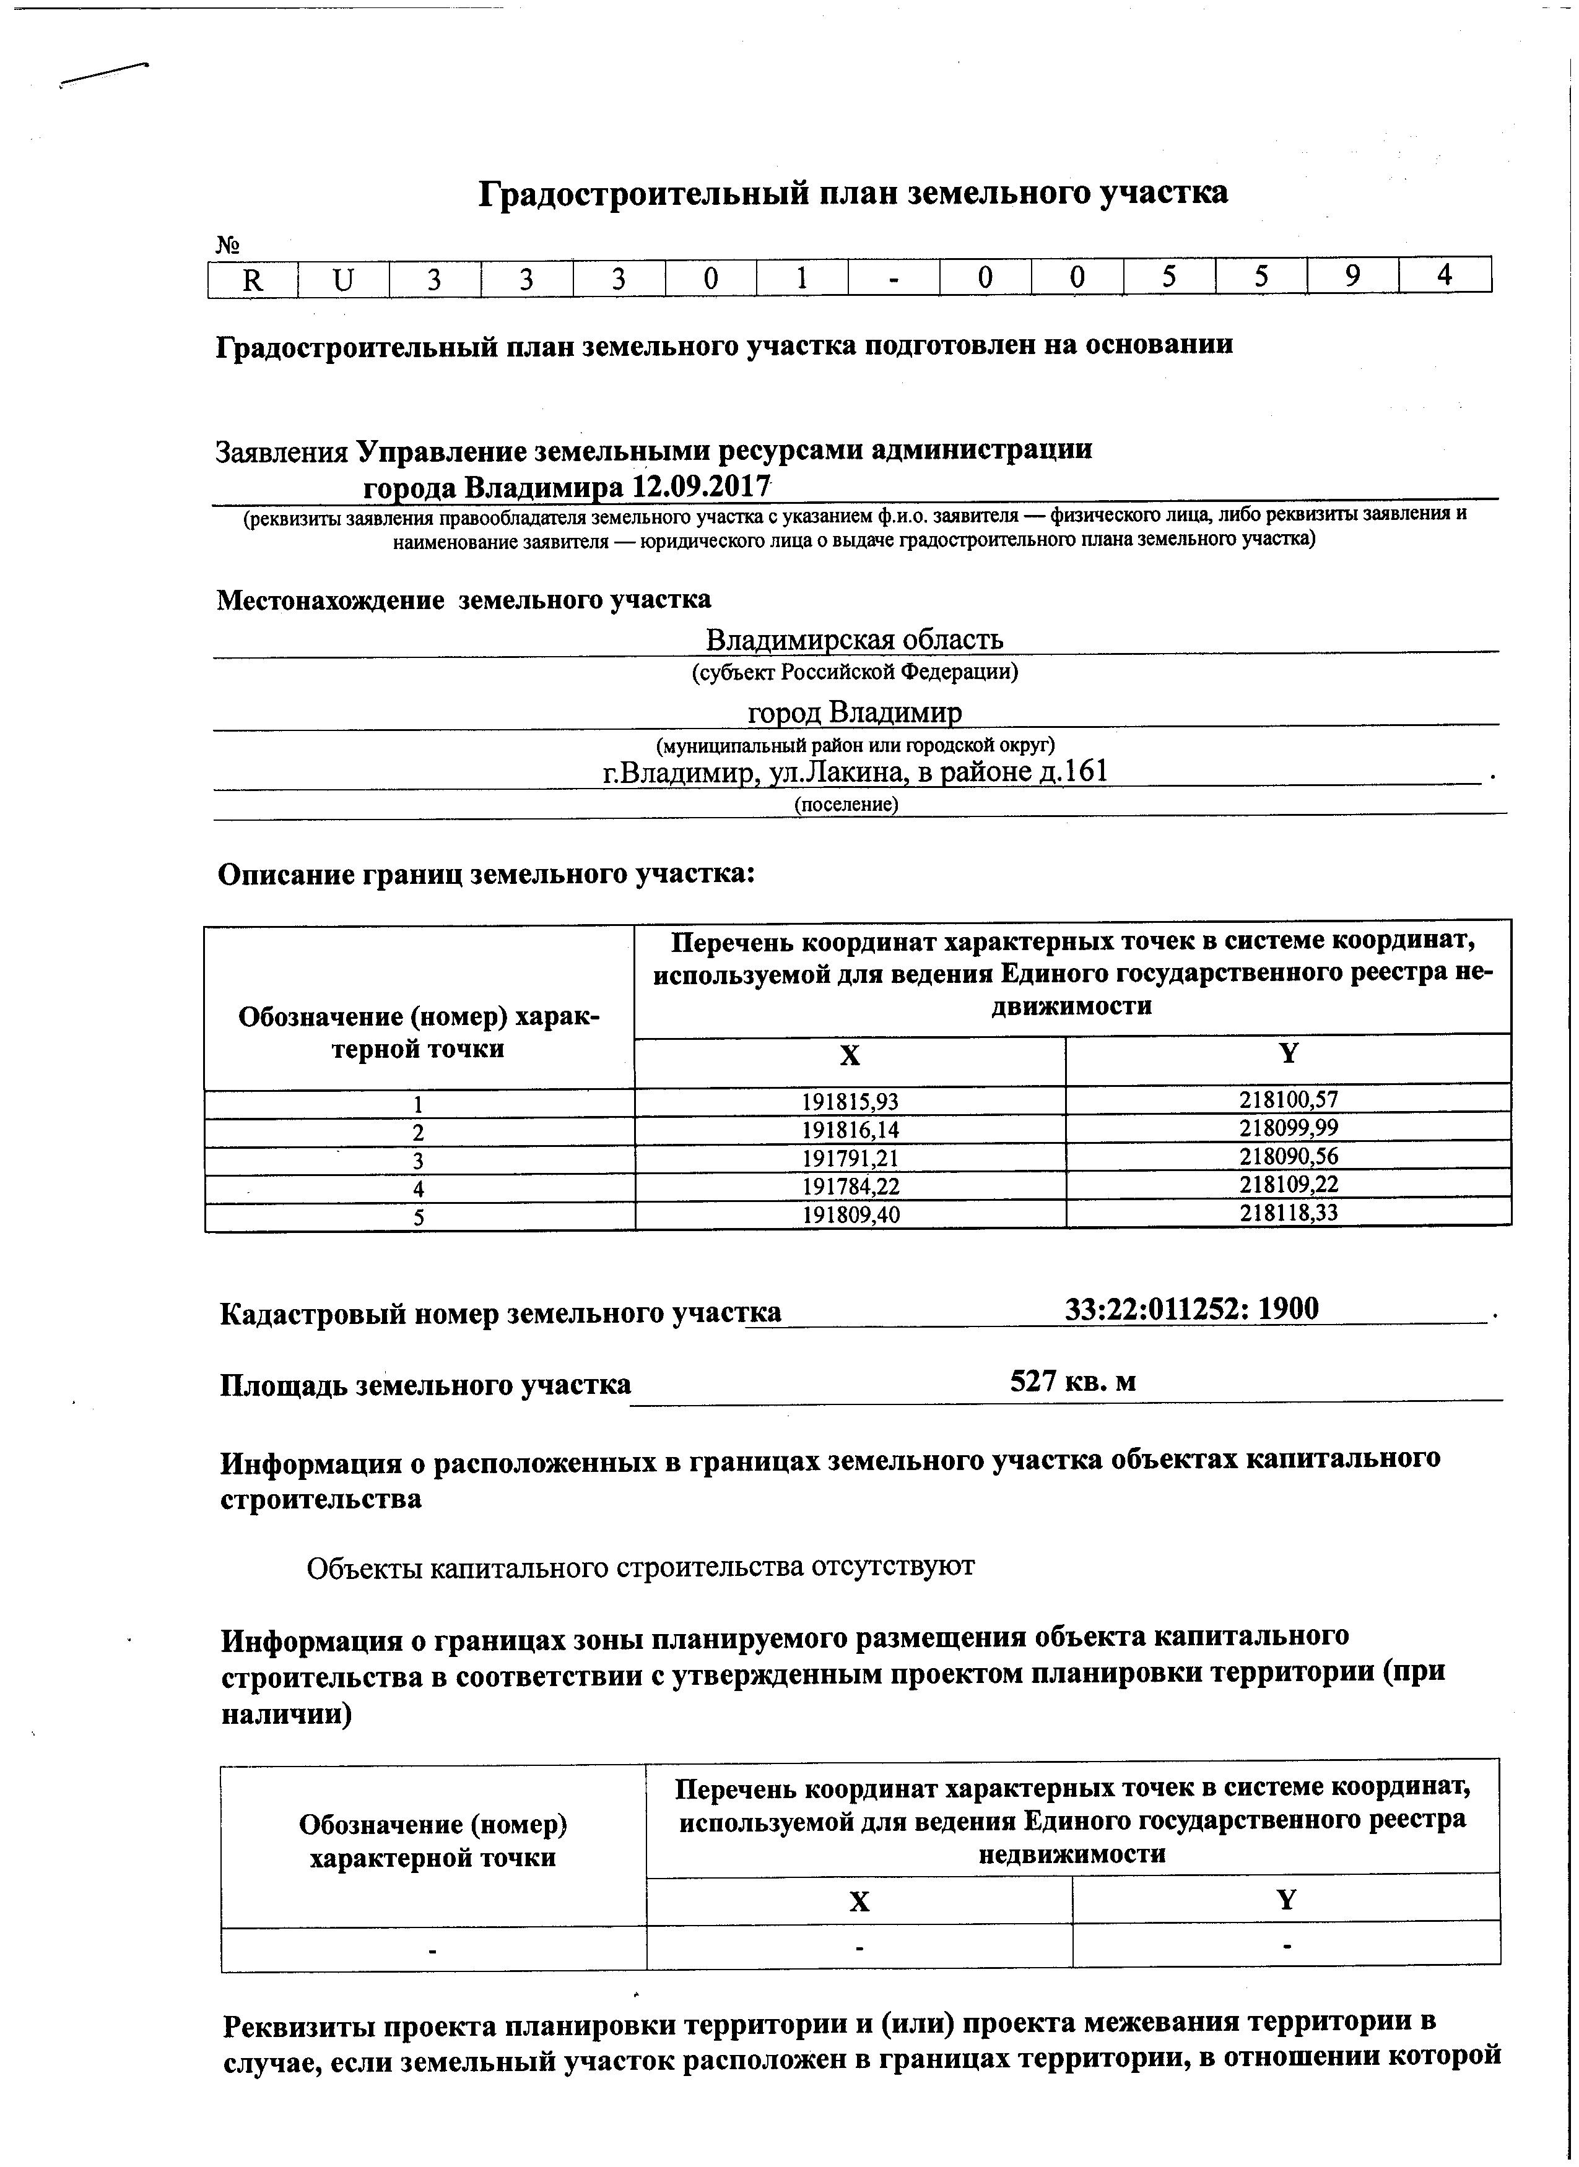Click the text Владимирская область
pyautogui.click(x=855, y=639)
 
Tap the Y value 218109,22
pyautogui.click(x=1289, y=1185)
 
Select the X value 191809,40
pyautogui.click(x=850, y=1214)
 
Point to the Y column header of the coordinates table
pyautogui.click(x=1289, y=1054)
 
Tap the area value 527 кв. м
pyautogui.click(x=1073, y=1382)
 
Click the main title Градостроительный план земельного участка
pyautogui.click(x=853, y=194)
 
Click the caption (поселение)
pyautogui.click(x=847, y=805)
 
